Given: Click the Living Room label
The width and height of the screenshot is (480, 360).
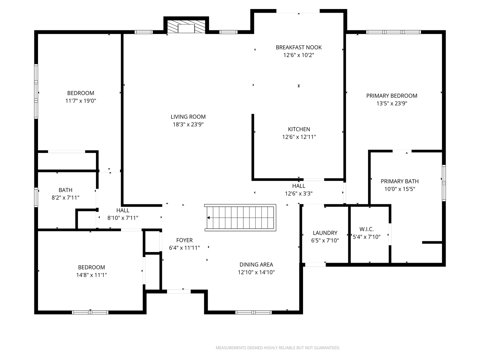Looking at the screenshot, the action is point(188,117).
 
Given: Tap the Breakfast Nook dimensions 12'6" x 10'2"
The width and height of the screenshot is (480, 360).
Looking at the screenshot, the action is point(299,55).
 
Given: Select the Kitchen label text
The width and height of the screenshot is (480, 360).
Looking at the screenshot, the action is point(299,129).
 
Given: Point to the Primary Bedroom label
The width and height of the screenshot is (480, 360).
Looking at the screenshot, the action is point(392,96).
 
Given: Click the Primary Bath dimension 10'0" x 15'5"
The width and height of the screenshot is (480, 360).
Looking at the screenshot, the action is point(400,189).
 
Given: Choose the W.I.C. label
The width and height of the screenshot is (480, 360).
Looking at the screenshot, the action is point(367,229).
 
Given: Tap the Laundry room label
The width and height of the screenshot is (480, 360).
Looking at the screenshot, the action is point(325,233).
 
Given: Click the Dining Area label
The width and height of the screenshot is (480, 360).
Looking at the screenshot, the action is point(256,264).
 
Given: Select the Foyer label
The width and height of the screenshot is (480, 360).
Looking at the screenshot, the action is point(184,240).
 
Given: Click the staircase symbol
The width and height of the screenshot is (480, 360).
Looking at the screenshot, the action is point(240,218).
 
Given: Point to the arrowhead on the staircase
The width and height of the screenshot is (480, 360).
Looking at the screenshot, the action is point(208,218).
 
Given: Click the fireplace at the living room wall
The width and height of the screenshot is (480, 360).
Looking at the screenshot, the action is point(186,27).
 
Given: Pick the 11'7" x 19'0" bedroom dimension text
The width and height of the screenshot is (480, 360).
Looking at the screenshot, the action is point(81,101).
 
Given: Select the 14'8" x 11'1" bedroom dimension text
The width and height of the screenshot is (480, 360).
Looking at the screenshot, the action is point(91,275).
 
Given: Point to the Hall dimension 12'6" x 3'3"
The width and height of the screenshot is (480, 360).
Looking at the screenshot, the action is point(299,194).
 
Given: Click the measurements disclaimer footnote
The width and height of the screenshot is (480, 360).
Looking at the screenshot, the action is point(278,348).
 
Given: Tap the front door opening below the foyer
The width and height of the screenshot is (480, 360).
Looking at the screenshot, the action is point(179,291).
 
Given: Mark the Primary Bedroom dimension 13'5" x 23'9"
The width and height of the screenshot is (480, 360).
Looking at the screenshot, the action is point(392,103).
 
